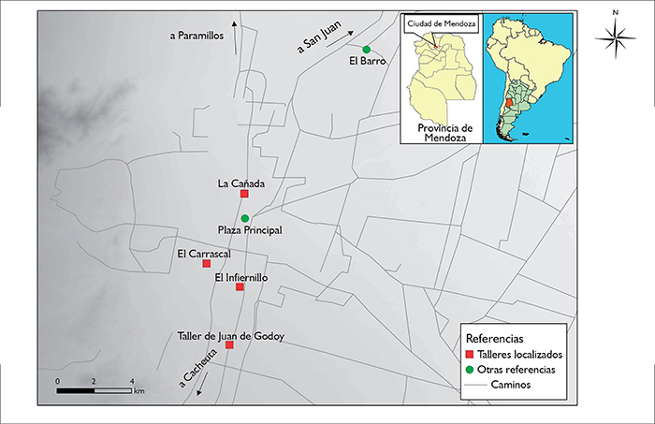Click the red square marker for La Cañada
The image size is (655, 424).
pos(244,195)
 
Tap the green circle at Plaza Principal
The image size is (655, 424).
pos(244,218)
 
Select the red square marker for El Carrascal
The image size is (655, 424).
pos(207,264)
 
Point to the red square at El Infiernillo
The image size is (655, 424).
pos(240,287)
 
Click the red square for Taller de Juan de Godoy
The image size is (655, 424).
pos(229,345)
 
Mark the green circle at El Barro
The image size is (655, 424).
pos(366,50)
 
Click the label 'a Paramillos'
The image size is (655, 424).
pos(199,37)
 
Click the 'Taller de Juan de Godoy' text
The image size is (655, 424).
pos(231,335)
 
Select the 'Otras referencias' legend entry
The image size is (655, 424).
pos(517,370)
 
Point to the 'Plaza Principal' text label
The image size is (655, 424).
pos(249,230)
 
